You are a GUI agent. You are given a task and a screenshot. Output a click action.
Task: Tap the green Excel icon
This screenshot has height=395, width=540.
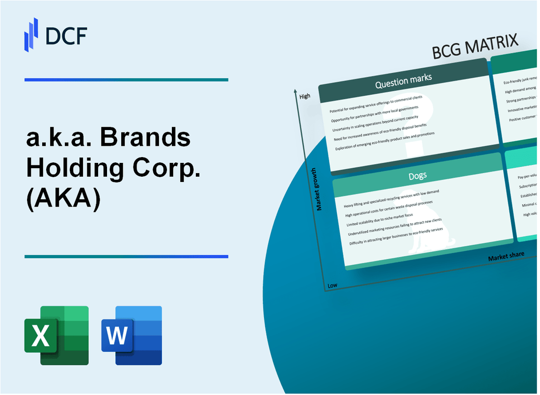[56, 335]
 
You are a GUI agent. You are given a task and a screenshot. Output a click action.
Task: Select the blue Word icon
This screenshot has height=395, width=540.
[132, 335]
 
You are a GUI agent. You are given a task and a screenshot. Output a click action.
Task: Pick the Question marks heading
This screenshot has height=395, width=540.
[403, 81]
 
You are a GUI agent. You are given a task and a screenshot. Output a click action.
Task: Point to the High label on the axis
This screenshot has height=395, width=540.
[305, 96]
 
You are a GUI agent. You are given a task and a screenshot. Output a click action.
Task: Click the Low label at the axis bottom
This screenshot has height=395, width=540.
[332, 285]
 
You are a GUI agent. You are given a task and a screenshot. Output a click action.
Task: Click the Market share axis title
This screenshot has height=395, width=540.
[506, 256]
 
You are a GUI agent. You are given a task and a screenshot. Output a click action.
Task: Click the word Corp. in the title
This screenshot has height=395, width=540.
[162, 169]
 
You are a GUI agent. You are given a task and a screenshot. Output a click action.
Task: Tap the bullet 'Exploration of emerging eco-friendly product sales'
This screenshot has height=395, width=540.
[385, 141]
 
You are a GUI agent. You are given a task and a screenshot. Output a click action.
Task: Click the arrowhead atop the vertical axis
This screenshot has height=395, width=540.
[295, 91]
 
